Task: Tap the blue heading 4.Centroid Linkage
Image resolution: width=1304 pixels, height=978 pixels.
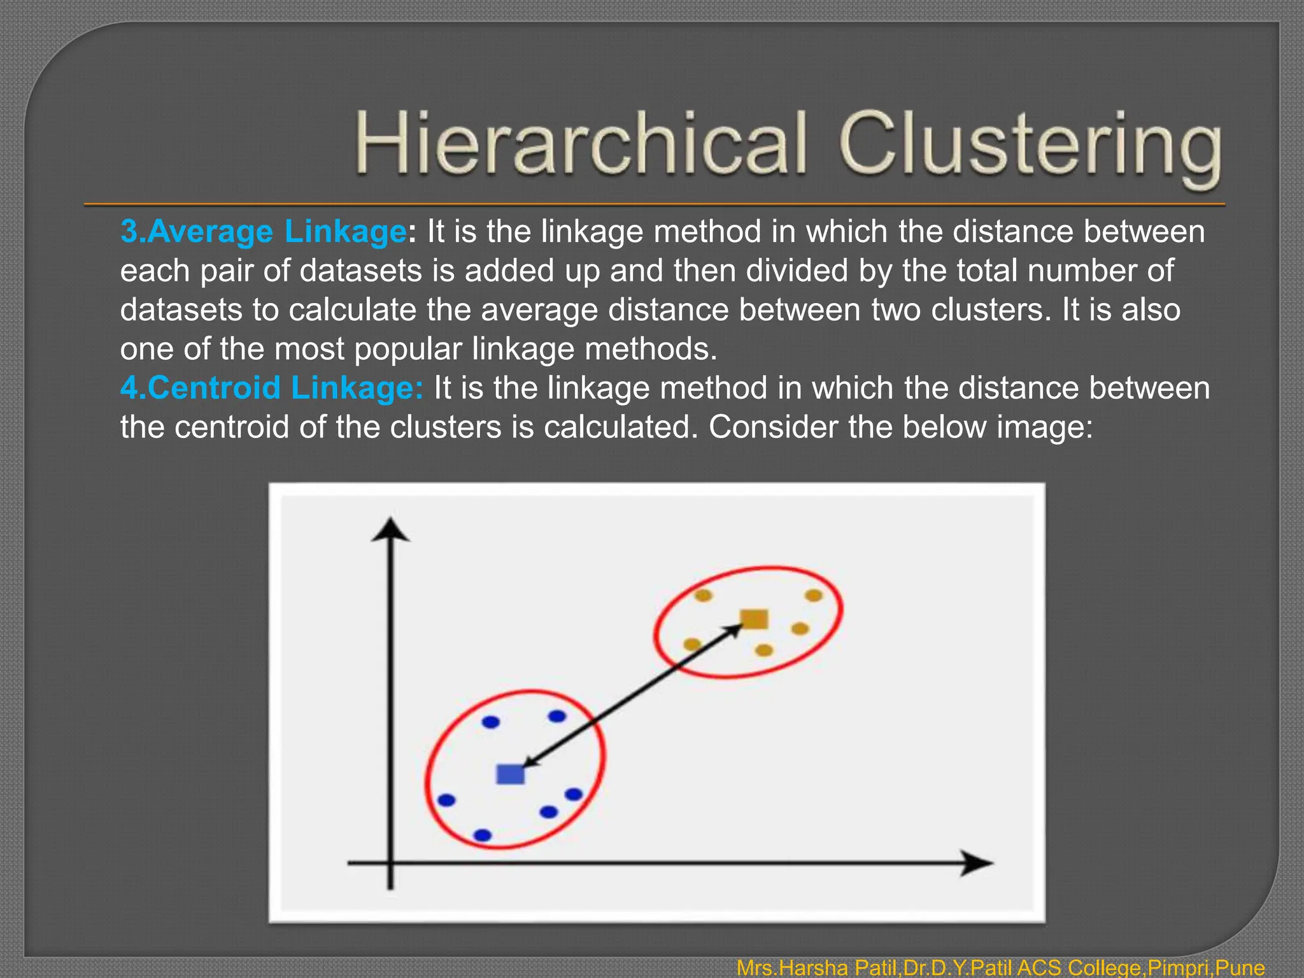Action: (271, 388)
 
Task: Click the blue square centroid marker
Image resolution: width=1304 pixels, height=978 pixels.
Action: (510, 774)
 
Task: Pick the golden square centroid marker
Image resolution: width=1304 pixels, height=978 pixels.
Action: (755, 619)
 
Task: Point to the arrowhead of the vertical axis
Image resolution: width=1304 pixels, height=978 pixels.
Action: (390, 530)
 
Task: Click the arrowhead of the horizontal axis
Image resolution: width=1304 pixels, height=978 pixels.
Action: (977, 863)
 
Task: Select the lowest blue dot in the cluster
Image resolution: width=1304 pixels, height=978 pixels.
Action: (483, 835)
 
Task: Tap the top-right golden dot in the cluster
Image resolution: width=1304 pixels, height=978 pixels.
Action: (814, 595)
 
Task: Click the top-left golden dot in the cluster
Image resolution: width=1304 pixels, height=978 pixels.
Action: (703, 596)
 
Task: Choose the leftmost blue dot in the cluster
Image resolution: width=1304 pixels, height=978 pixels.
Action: (446, 800)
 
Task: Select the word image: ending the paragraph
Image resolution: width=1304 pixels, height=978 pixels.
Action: (1044, 427)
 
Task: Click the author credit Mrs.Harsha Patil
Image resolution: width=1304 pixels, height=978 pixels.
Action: (818, 968)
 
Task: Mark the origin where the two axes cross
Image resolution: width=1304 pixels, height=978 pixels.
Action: (390, 863)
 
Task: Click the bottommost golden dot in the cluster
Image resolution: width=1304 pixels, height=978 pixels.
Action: (764, 650)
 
